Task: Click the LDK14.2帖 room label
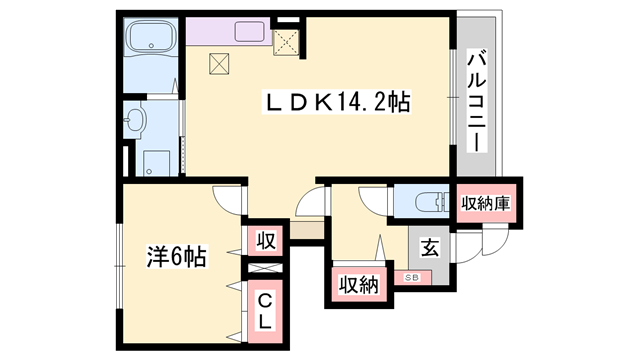pos(337,102)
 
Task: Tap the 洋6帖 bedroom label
pos(177,256)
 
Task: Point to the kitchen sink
pos(250,32)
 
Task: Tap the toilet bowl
pos(430,202)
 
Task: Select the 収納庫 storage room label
pos(486,203)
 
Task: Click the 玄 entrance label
pos(430,249)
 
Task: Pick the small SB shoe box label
pos(412,278)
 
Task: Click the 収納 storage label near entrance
pos(359,285)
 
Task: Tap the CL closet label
pos(265,313)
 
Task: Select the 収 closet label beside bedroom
pos(266,241)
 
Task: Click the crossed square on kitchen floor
pos(219,64)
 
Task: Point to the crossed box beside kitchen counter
pos(286,42)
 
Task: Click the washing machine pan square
pos(156,163)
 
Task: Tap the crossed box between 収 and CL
pos(265,268)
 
